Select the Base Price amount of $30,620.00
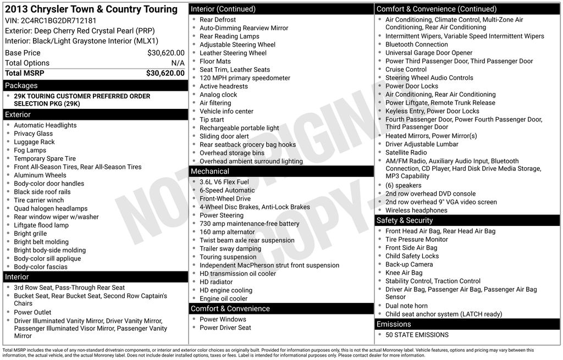tap(165, 53)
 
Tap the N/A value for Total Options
tap(178, 63)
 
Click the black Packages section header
tap(95, 85)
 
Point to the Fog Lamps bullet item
tap(30, 150)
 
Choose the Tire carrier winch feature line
tap(39, 200)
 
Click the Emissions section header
tap(467, 324)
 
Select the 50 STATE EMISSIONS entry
tap(417, 335)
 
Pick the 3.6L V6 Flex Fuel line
tap(224, 182)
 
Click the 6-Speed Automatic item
tap(227, 190)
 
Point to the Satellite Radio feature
tap(406, 152)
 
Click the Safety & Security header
tap(467, 220)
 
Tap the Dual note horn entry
tap(406, 306)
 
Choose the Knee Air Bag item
tap(404, 273)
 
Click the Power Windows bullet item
tap(223, 319)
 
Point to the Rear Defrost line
tap(218, 19)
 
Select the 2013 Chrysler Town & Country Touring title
tap(91, 9)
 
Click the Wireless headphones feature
tap(416, 210)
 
